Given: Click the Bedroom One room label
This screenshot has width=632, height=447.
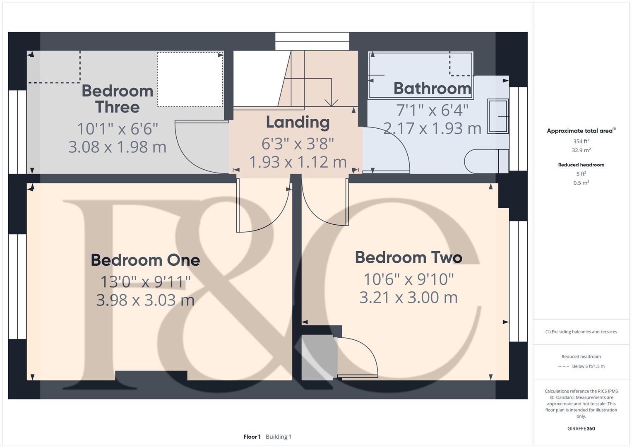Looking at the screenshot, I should coord(145,260).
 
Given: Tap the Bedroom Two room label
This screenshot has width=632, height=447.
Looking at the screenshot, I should coord(409,257).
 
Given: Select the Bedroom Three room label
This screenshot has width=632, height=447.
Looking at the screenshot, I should coord(118,99).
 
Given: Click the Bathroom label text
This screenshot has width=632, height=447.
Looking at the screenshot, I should coord(432,88).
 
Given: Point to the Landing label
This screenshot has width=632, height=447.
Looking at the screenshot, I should coord(298,122).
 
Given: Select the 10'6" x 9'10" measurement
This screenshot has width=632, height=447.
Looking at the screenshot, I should coord(409,279).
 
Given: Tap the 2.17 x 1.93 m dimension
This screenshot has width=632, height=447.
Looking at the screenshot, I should coord(432,128).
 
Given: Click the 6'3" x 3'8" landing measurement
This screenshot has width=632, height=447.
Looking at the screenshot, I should coord(298,144).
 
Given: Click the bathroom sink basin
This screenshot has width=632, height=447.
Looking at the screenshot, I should coord(498,116).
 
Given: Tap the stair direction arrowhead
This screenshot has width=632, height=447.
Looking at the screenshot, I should coord(332,102).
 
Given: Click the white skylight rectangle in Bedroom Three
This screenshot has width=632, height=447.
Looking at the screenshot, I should coord(190,79).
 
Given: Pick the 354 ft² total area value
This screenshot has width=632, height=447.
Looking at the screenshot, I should coord(581,141).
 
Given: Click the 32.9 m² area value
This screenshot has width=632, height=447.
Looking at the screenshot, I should coord(581,150).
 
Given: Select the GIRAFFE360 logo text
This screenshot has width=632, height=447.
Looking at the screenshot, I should coord(581,428).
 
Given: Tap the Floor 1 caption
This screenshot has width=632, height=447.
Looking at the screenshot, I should coord(252,437).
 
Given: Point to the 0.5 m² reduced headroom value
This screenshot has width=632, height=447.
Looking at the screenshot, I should coord(581,183).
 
